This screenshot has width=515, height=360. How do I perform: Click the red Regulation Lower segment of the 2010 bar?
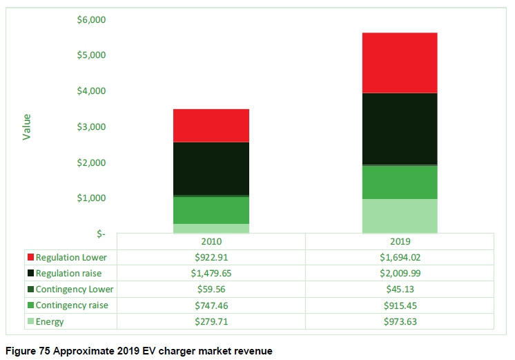coord(211,125)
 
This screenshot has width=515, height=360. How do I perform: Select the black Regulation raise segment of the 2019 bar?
coord(400,129)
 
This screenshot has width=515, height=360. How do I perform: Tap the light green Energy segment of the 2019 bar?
coord(400,216)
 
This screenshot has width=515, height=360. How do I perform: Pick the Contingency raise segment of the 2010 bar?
coord(211,210)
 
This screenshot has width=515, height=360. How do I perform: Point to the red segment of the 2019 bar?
coord(400,62)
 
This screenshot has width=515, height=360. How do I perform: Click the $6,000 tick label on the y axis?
coord(91,19)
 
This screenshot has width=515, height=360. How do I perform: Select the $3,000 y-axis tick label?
coord(91,126)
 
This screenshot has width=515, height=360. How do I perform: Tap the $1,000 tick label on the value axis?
coord(91,198)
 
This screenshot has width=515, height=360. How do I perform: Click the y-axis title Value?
coord(27,126)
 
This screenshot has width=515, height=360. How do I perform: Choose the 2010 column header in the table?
coord(211,242)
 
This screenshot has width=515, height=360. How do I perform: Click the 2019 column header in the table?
coord(400,242)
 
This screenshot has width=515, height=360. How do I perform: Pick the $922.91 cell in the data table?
coord(211,257)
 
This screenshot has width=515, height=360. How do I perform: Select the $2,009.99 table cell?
coord(400,273)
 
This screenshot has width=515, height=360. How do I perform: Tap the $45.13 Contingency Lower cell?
coord(400,289)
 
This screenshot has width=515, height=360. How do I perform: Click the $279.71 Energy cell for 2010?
coord(211,321)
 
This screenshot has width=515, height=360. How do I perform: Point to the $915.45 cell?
coord(400,305)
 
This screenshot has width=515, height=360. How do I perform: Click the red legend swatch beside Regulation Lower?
coord(30,257)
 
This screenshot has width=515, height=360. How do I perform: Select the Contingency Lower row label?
coord(75,289)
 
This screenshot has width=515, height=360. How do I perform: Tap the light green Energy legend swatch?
coord(30,321)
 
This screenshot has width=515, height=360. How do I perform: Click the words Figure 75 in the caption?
coord(28,352)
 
